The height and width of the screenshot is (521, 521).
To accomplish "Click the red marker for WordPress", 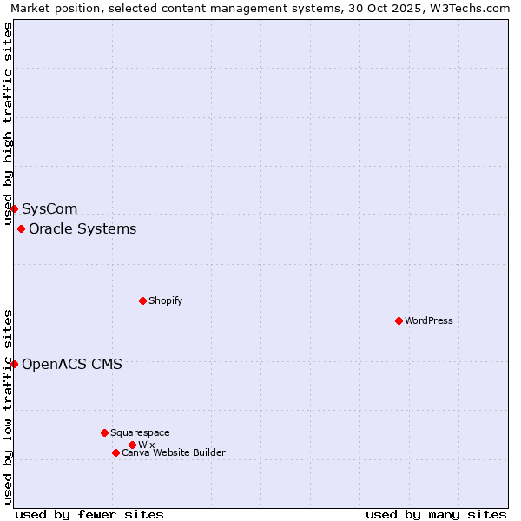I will click(399, 320).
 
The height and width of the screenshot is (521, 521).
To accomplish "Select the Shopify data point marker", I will click(142, 300).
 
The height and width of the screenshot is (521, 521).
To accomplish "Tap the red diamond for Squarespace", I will click(104, 432).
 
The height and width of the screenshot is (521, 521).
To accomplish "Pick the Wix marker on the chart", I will click(132, 445).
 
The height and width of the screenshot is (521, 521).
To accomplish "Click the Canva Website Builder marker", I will click(115, 452).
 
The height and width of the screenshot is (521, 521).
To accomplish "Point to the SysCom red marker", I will click(14, 208).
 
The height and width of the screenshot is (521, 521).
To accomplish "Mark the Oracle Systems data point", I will click(21, 228).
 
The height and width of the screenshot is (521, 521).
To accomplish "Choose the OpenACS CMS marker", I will click(14, 364).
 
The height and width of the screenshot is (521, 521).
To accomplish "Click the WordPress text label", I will click(429, 320).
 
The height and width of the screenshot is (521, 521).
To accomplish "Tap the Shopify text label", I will click(165, 300).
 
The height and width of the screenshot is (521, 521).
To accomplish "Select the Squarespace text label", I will click(140, 432).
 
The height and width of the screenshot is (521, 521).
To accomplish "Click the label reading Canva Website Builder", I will click(174, 452).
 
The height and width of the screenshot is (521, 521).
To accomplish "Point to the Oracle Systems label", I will click(82, 228).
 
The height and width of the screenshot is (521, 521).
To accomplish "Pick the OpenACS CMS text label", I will click(72, 364).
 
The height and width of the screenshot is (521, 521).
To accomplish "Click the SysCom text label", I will click(49, 208).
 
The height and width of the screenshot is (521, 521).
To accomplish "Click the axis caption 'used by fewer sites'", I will click(89, 514).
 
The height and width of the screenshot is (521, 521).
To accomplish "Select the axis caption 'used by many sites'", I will click(436, 514).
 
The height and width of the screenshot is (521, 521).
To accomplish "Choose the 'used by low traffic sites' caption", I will click(8, 406).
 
